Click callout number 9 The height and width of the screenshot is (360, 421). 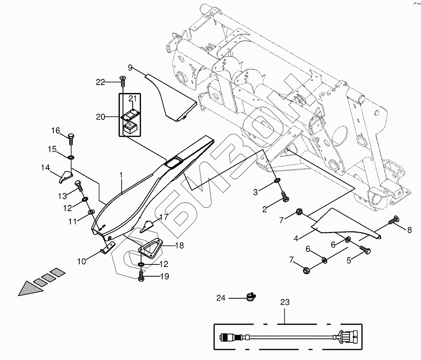(130, 67)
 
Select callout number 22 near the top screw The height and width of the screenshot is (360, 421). (101, 81)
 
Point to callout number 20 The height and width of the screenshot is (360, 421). (101, 117)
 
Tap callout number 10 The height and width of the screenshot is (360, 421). (82, 262)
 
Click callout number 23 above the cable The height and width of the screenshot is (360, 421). (285, 302)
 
